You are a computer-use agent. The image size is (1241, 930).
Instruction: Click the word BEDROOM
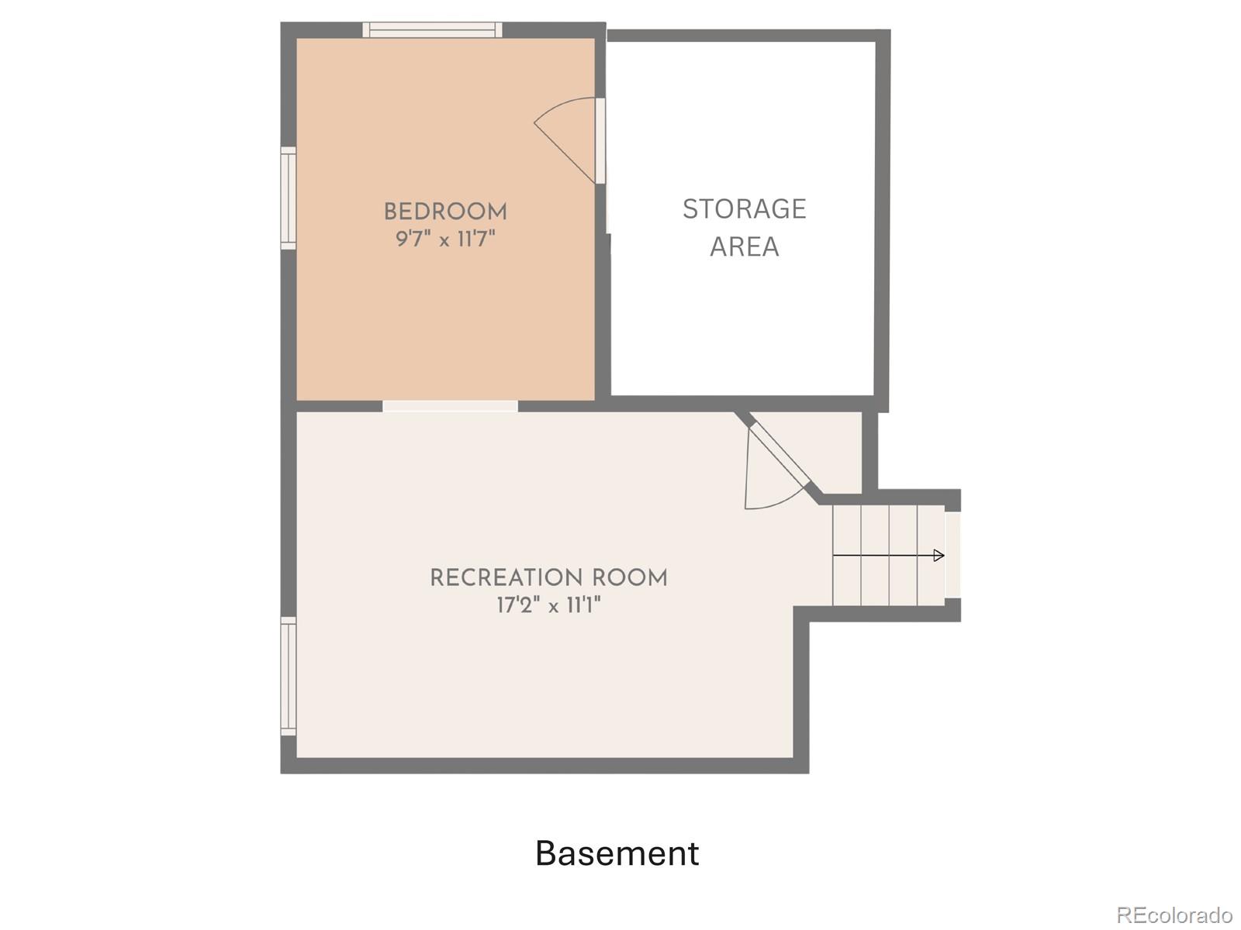tap(445, 212)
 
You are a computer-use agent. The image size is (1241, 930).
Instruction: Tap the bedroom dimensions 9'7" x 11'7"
tap(445, 239)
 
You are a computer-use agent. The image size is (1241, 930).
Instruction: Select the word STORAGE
tap(744, 209)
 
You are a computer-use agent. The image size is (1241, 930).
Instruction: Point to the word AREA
tap(744, 246)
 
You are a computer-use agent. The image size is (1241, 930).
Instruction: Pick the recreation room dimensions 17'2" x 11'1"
tap(548, 606)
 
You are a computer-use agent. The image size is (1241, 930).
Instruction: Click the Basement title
tap(617, 853)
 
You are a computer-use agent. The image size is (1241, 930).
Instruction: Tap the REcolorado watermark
tap(1174, 914)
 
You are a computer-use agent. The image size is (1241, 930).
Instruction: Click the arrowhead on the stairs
tap(939, 556)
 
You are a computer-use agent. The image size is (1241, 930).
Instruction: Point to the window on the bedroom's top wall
tap(432, 29)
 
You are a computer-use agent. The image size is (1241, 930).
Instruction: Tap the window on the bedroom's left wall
tap(289, 198)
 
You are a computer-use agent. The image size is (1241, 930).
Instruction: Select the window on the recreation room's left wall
tap(289, 676)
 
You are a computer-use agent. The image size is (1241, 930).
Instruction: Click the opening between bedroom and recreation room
tap(450, 405)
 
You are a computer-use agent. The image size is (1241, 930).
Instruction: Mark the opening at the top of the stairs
tap(953, 554)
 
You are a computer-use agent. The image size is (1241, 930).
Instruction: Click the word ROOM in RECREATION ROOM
tap(631, 578)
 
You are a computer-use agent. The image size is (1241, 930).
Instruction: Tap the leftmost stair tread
tap(847, 555)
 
